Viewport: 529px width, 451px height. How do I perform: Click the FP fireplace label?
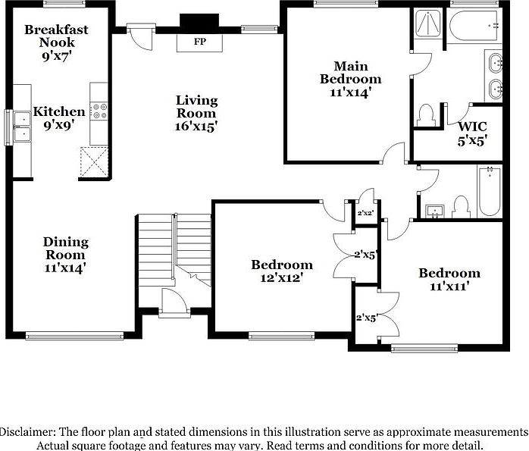(200, 42)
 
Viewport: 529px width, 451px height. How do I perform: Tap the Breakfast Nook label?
(56, 36)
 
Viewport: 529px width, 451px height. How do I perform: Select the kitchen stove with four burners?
(99, 111)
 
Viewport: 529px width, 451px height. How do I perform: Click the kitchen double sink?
(21, 126)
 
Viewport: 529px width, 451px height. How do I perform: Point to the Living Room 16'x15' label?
(197, 113)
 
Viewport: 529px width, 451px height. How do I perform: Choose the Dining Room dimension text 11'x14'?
(64, 267)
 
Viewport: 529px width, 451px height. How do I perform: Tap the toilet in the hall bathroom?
(460, 206)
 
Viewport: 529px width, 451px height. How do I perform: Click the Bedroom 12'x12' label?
(282, 271)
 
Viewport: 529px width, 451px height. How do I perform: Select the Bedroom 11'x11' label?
(449, 279)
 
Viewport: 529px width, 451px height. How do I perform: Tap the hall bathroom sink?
(435, 208)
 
